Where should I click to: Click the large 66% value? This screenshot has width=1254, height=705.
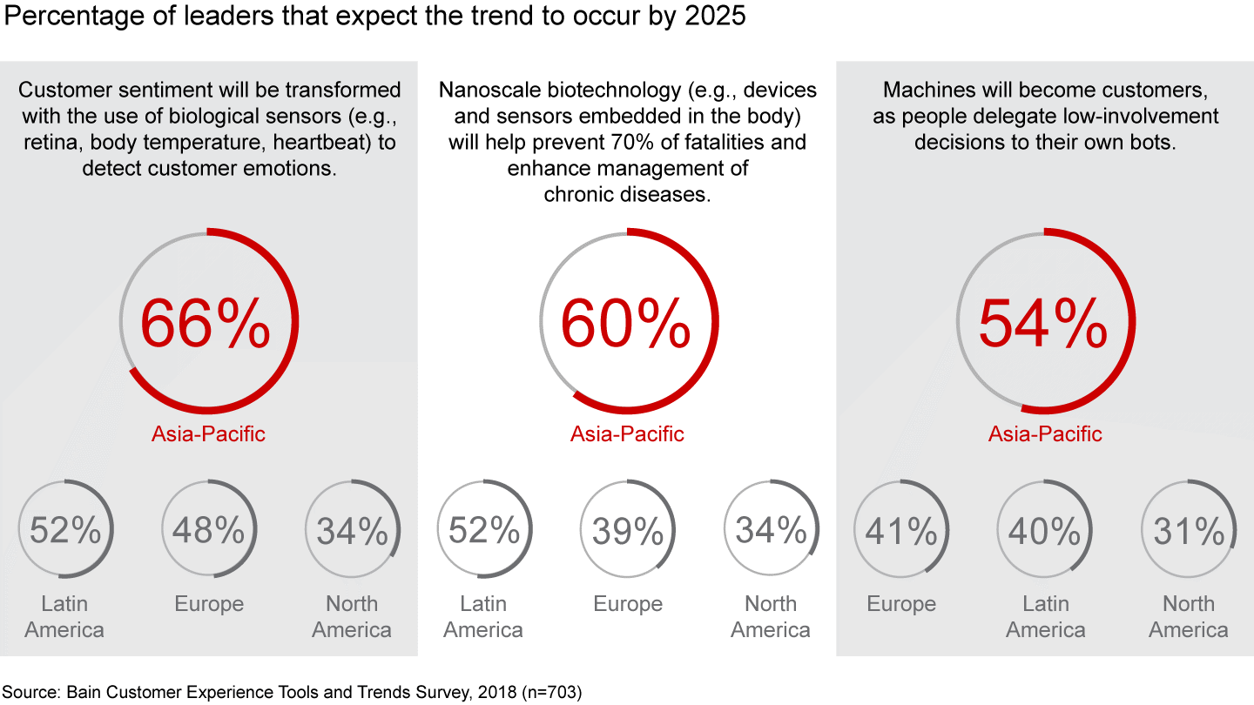[206, 323]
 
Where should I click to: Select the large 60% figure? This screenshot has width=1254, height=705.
[625, 323]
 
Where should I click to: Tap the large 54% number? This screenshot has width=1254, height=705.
[1043, 323]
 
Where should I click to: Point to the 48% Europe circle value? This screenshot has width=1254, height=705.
[209, 530]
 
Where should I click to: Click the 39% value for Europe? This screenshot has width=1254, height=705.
[627, 530]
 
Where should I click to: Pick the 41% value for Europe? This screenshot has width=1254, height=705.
[901, 530]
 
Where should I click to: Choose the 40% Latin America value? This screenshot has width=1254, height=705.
[1045, 530]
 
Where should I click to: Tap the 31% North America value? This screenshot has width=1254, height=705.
[1189, 530]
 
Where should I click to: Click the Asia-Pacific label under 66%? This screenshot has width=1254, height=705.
[208, 433]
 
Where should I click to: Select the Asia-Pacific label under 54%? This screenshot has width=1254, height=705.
[1045, 433]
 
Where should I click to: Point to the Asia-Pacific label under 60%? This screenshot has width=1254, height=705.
[627, 433]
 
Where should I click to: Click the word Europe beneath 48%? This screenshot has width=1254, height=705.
[209, 604]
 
